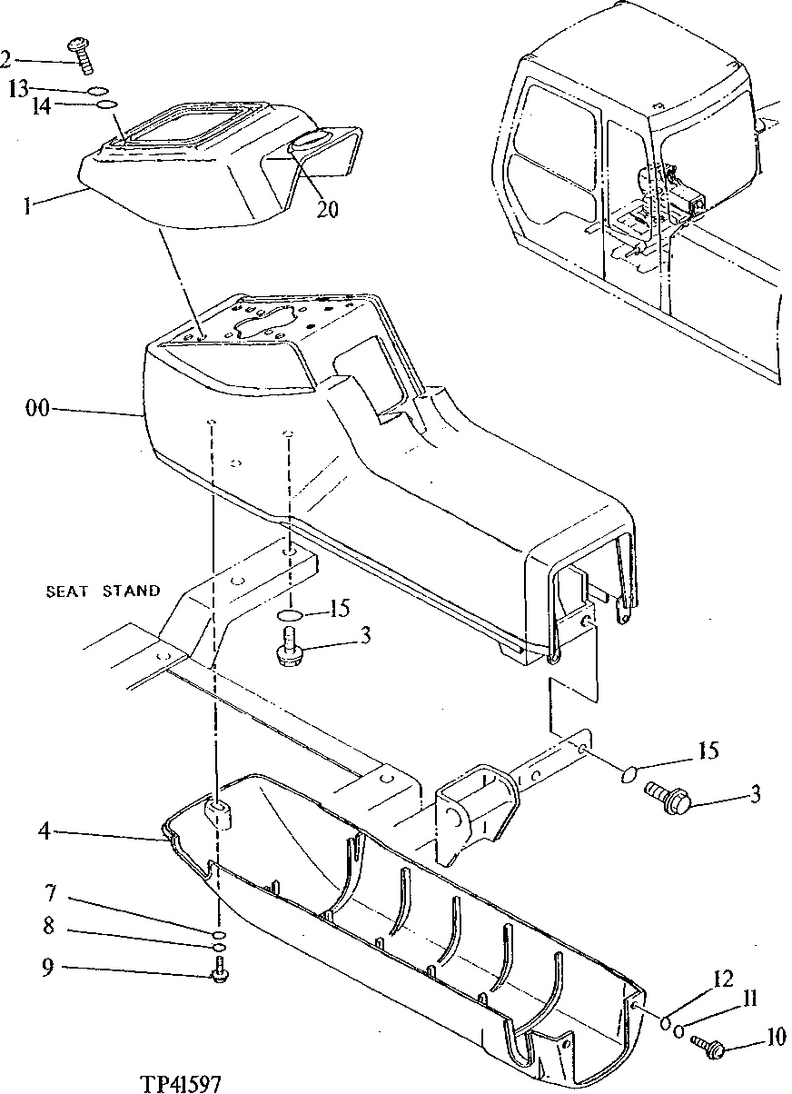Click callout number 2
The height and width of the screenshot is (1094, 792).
click(x=6, y=60)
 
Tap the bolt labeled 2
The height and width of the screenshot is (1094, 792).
click(x=80, y=54)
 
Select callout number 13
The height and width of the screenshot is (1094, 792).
click(x=18, y=88)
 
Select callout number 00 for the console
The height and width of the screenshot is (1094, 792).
click(x=36, y=410)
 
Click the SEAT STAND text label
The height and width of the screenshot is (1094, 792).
click(x=103, y=591)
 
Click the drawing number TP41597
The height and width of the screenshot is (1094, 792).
click(x=181, y=1083)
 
